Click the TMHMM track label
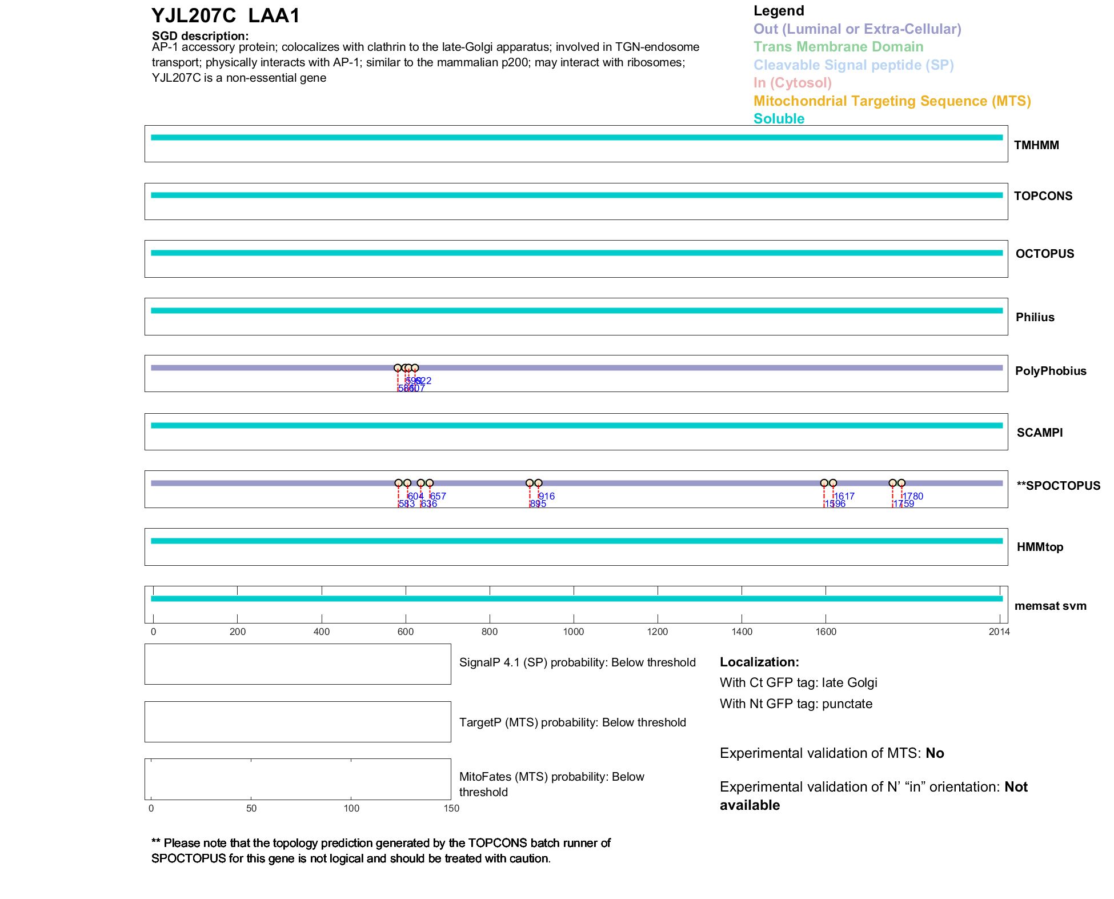[1036, 145]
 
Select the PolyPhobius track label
[1050, 371]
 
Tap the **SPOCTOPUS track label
[1058, 486]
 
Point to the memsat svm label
[1050, 606]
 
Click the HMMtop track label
[1040, 547]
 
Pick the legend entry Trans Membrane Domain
[838, 47]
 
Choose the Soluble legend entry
[779, 119]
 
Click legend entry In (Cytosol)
[792, 83]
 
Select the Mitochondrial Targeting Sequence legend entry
[892, 101]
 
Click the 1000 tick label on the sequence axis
[574, 632]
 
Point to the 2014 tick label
[999, 632]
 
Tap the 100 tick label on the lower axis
[351, 808]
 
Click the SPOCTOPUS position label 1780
[913, 496]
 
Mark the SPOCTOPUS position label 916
[547, 496]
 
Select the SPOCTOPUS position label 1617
[844, 496]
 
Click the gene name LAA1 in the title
[274, 15]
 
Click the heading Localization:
[759, 662]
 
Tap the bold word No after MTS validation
[935, 753]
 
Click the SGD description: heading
[200, 36]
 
